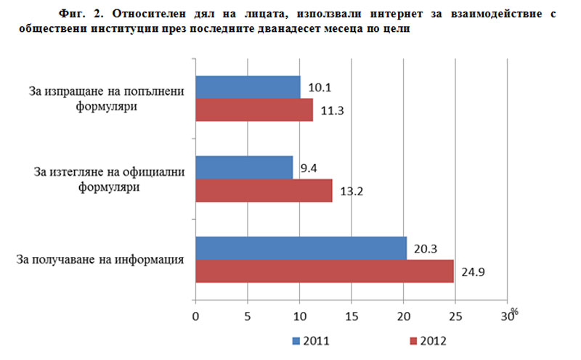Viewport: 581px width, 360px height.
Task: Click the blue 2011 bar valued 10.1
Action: point(248,87)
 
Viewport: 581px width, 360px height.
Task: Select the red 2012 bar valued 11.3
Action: point(254,110)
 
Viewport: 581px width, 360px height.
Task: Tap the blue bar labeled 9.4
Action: point(244,168)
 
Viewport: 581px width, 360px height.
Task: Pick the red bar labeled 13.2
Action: point(264,190)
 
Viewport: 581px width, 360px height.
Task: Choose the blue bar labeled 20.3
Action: point(301,248)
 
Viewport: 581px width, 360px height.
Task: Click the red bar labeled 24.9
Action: point(324,271)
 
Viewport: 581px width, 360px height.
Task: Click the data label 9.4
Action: point(309,168)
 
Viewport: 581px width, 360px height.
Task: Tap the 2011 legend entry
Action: point(313,340)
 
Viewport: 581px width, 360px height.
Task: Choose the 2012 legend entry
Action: point(428,340)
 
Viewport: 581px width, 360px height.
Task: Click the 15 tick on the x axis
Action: point(352,316)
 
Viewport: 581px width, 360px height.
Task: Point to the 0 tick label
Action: point(195,316)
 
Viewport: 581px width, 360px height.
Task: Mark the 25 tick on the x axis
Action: point(455,316)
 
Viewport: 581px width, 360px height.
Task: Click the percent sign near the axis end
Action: point(514,311)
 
